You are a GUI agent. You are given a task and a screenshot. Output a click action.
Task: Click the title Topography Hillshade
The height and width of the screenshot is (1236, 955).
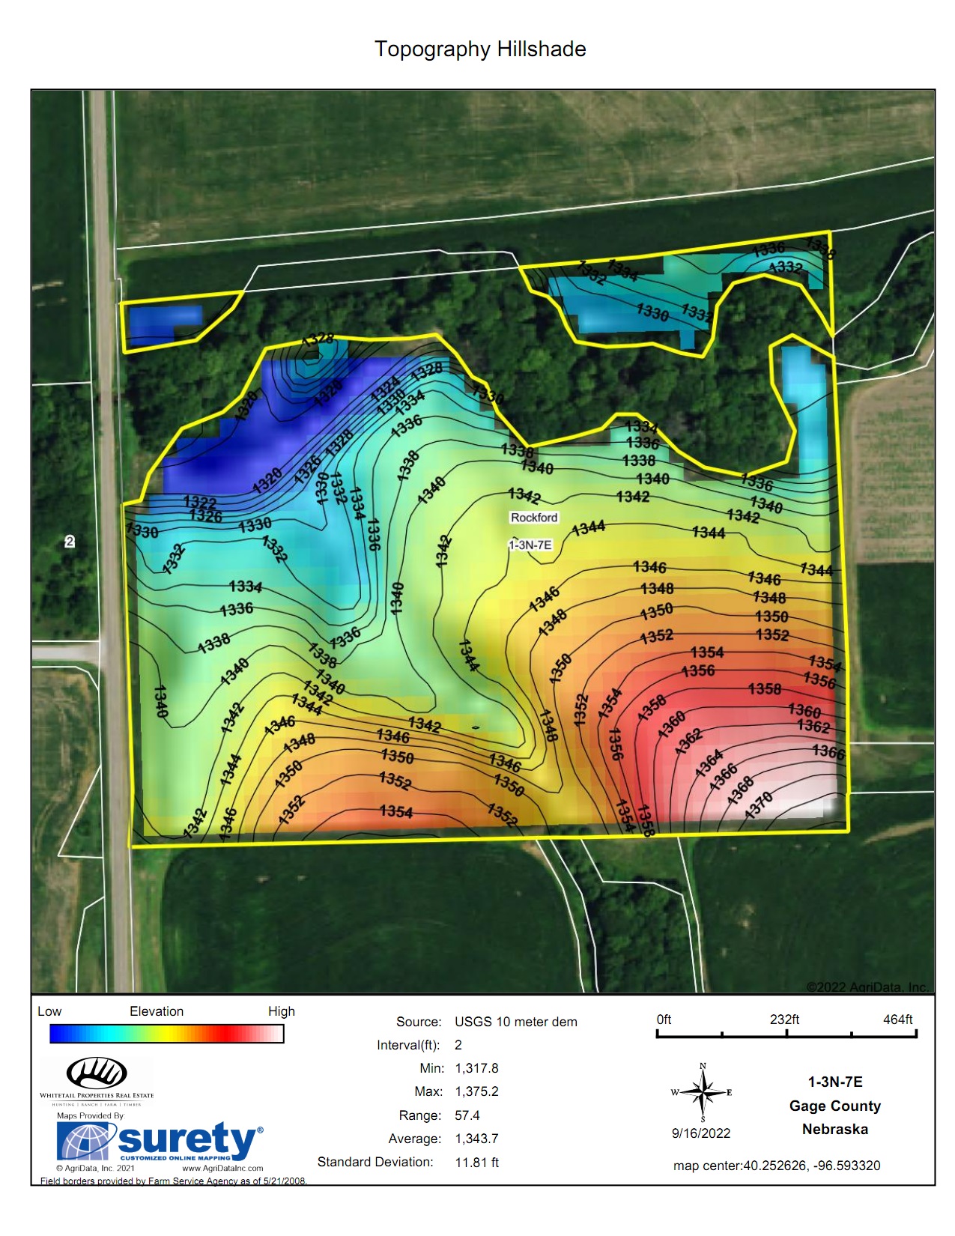click(480, 49)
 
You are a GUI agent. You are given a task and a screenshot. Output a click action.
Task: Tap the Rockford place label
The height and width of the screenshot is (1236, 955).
click(534, 518)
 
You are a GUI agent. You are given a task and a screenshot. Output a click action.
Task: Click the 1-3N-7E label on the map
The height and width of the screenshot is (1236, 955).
click(530, 545)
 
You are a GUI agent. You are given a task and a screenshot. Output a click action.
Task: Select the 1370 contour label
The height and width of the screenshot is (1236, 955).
click(760, 805)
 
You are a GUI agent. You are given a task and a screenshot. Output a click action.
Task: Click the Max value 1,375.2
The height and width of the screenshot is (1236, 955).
click(476, 1091)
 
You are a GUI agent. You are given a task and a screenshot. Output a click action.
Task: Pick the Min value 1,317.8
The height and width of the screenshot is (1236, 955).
click(476, 1068)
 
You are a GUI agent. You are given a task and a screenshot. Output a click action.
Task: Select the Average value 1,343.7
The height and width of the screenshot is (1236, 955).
click(476, 1139)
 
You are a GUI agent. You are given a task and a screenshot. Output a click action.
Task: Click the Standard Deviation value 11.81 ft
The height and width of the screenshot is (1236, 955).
click(476, 1163)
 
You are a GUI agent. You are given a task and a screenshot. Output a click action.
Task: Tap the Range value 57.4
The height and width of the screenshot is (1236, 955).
click(467, 1115)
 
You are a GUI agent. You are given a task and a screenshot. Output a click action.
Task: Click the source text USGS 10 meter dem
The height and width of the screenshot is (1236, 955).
click(515, 1022)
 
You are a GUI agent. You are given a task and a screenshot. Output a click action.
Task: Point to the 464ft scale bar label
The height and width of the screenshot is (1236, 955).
click(897, 1020)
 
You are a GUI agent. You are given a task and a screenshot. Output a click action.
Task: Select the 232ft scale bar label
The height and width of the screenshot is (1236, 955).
click(784, 1020)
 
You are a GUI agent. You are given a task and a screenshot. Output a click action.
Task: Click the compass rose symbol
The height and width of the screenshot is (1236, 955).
click(703, 1093)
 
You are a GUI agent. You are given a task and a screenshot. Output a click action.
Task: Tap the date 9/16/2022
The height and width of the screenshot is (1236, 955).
click(700, 1133)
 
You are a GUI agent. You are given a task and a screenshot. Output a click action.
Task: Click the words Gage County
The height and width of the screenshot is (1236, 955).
click(834, 1106)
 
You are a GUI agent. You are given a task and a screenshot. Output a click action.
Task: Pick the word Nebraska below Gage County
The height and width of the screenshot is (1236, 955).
click(834, 1129)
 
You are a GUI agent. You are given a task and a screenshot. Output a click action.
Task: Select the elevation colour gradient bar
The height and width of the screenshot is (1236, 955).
click(166, 1034)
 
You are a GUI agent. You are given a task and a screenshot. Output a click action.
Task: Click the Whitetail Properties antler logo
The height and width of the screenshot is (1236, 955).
click(97, 1073)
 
